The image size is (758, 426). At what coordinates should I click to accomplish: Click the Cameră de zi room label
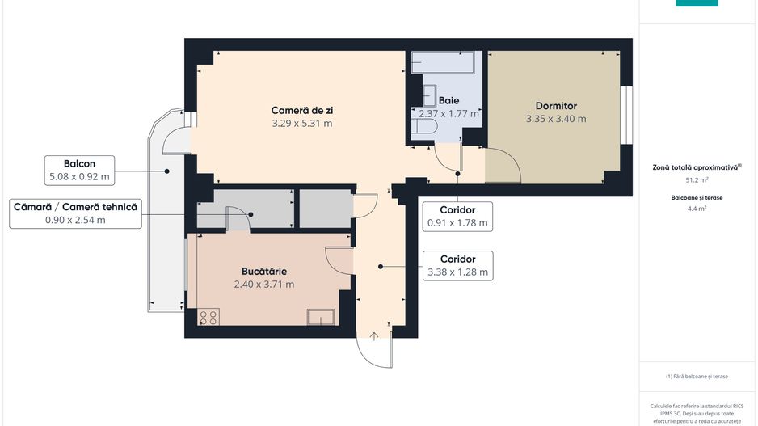302,110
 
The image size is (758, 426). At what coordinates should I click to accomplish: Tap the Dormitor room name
556,106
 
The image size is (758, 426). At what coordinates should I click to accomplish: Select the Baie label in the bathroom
448,100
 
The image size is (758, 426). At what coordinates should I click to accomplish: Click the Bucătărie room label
264,271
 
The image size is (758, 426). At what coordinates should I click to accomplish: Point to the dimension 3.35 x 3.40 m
556,119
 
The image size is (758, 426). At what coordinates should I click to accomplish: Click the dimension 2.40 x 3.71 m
264,284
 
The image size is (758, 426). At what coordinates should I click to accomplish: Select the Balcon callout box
79,170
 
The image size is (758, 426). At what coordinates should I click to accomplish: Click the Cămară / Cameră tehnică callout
75,213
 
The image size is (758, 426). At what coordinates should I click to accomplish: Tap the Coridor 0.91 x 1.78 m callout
457,216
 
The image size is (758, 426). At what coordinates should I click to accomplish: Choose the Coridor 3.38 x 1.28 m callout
457,266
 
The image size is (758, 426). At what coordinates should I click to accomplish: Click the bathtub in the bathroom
445,62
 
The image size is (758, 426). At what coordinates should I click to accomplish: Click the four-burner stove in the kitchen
208,317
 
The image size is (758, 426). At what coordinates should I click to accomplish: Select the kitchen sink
320,317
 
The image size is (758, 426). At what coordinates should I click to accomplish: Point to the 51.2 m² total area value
697,180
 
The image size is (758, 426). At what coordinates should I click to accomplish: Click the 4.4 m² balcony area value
697,209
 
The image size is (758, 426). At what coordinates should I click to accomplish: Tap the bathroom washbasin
427,95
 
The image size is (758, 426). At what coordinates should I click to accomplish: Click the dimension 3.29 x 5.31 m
302,124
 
